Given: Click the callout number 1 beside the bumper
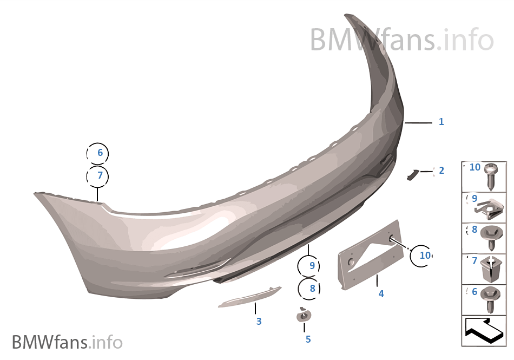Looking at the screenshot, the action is (x=441, y=122).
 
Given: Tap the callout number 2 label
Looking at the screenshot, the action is (x=441, y=171).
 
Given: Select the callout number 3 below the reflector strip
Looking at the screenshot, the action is (x=259, y=322).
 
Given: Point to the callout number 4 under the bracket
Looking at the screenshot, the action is (x=381, y=294).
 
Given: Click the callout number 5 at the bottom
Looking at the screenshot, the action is (x=308, y=339).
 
